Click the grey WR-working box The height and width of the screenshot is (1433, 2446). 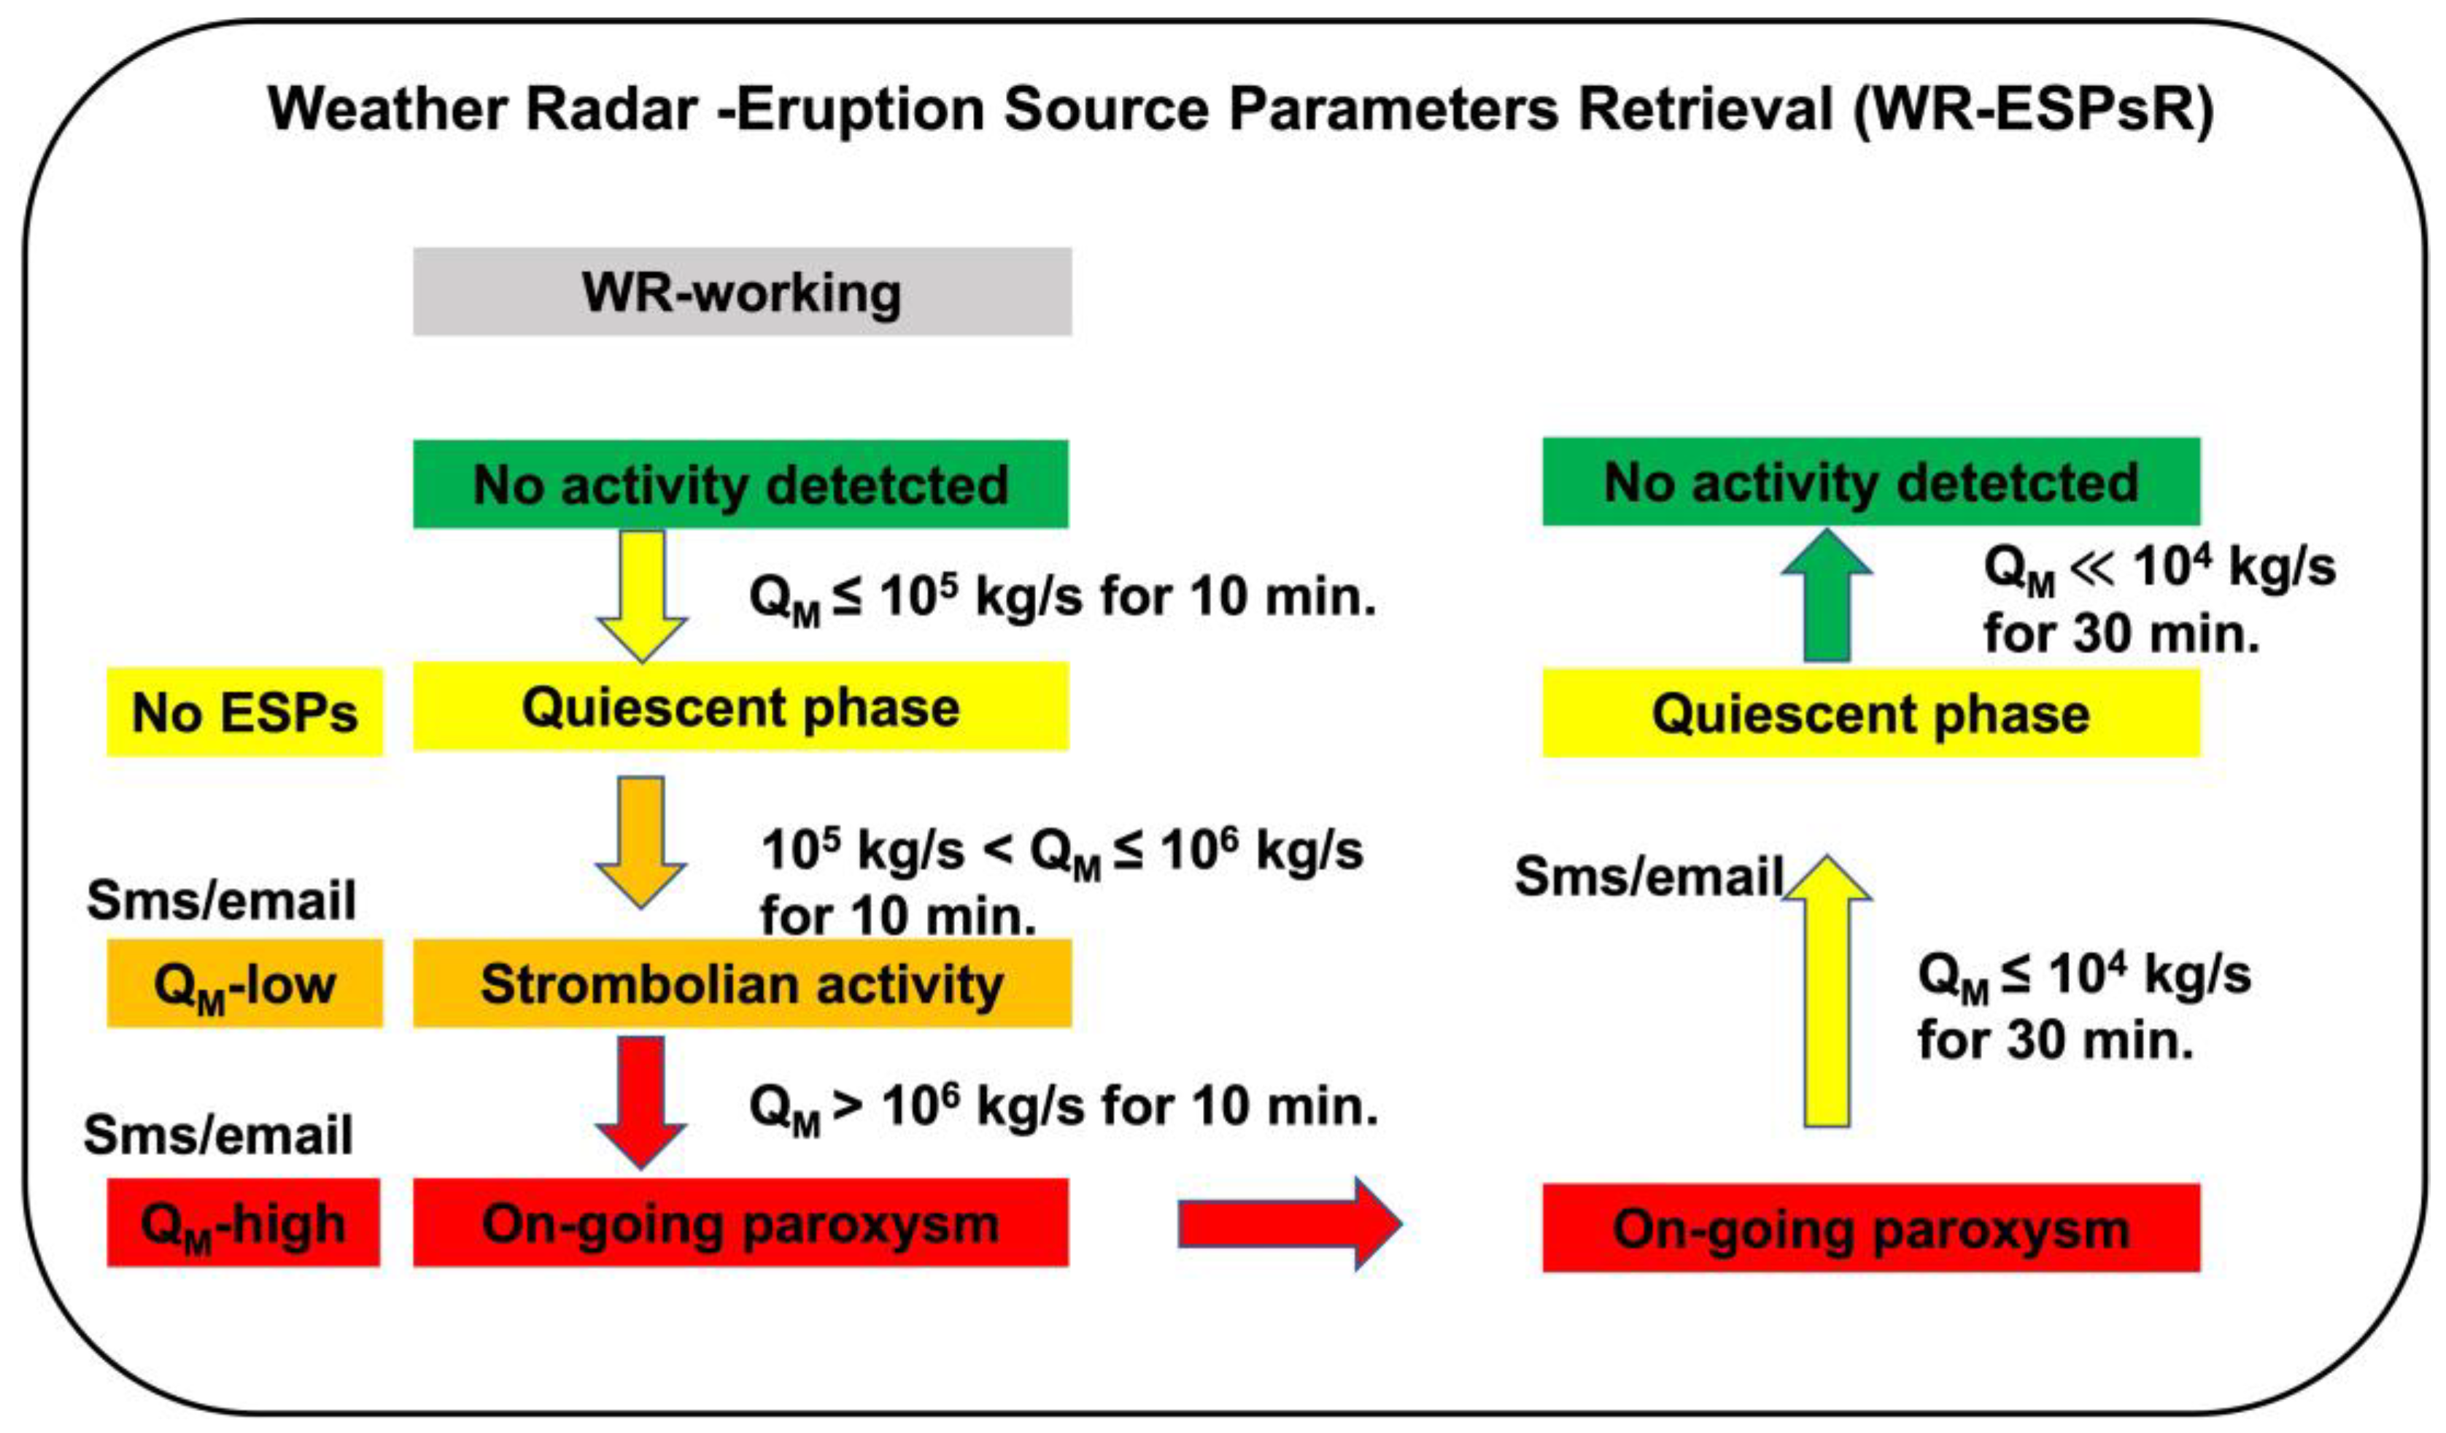742,291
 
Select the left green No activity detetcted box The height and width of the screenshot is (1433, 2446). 740,484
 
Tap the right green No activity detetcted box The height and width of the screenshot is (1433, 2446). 1870,482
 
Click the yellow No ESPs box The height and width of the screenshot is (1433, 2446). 244,711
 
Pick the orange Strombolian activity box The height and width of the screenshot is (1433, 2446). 742,983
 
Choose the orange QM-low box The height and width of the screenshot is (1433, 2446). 244,983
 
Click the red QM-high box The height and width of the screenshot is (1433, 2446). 243,1222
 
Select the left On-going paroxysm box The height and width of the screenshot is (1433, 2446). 740,1222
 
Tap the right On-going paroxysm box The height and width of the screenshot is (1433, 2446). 1870,1227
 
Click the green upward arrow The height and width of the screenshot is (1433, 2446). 1826,597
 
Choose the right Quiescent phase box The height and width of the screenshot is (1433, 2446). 1870,713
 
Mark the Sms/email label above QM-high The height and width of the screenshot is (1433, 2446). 218,1134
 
